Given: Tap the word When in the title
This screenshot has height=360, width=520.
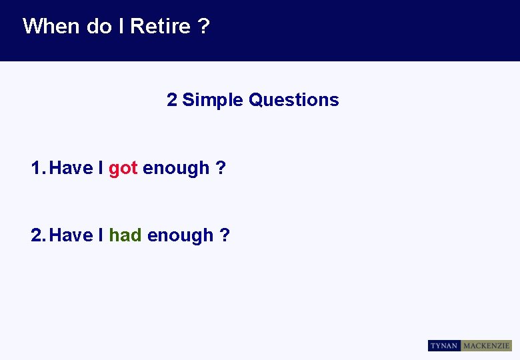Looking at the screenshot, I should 51,27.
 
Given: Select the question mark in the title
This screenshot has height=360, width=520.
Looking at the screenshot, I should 203,27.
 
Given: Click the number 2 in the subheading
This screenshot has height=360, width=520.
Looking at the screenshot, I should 172,100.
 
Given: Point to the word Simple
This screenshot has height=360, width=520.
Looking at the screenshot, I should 213,100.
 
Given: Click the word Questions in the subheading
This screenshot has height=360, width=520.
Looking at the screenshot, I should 293,100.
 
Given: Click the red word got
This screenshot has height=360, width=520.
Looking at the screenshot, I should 123,169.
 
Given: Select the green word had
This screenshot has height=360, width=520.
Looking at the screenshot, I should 125,235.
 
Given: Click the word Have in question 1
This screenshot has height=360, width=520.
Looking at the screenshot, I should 71,168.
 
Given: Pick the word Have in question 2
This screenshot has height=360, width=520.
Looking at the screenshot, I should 71,235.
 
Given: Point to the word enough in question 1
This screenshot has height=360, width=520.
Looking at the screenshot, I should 176,169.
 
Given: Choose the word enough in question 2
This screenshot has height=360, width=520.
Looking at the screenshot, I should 180,236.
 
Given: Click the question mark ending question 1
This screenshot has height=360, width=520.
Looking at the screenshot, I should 221,168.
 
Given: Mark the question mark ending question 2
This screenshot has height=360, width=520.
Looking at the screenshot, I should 225,235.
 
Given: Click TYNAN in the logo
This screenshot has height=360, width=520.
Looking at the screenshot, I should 444,345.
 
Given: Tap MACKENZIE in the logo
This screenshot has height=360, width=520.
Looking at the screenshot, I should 487,345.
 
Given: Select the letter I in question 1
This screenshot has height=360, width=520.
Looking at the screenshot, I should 101,168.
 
